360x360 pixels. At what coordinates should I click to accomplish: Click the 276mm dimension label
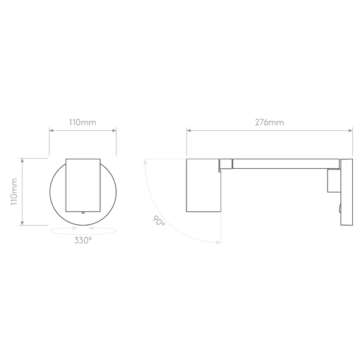(269, 123)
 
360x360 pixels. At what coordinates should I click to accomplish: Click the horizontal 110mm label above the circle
(83, 123)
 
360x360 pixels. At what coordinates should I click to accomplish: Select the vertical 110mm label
(14, 192)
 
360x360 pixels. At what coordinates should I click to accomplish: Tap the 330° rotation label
(83, 240)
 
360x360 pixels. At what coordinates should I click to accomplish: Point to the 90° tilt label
(159, 221)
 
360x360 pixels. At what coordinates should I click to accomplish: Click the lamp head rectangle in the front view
(83, 185)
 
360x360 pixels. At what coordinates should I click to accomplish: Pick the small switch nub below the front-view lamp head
(83, 213)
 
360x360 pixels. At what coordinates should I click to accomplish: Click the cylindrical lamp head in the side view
(204, 185)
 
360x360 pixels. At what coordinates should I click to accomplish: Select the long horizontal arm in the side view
(286, 163)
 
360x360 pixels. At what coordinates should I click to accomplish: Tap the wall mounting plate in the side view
(346, 192)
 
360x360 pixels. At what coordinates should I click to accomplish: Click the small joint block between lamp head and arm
(226, 163)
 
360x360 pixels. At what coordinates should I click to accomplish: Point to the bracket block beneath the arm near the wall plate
(334, 181)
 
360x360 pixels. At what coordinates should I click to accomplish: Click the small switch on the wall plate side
(339, 208)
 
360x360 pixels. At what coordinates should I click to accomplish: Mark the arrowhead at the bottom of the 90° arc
(218, 242)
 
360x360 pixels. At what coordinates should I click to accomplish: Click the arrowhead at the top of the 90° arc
(145, 162)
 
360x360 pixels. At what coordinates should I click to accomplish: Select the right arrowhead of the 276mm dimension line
(351, 130)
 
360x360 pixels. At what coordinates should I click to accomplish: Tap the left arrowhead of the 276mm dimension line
(189, 130)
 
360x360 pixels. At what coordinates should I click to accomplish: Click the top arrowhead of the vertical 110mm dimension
(22, 160)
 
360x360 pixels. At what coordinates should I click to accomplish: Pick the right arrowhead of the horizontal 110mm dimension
(114, 130)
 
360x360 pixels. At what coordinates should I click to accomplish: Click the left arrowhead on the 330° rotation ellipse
(75, 228)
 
